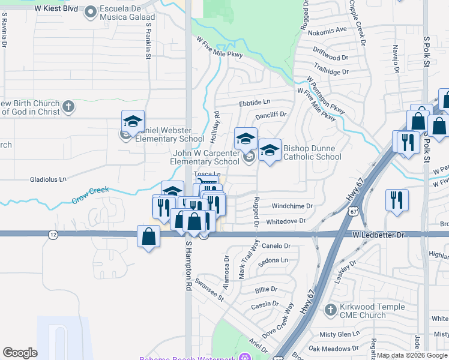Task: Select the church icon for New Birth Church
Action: pos(68,107)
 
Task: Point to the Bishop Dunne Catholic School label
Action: pos(312,152)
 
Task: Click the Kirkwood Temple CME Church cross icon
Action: pos(329,310)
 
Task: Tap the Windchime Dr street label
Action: pos(292,206)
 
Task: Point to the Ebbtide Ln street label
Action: pos(255,103)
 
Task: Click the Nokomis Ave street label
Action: pos(328,29)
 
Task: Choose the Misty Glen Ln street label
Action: pos(339,334)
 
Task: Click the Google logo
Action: pos(20,353)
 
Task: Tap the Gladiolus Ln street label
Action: pos(48,179)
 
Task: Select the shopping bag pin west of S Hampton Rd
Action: pos(148,236)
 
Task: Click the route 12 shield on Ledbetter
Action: pos(50,233)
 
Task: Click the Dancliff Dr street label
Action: pos(271,114)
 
